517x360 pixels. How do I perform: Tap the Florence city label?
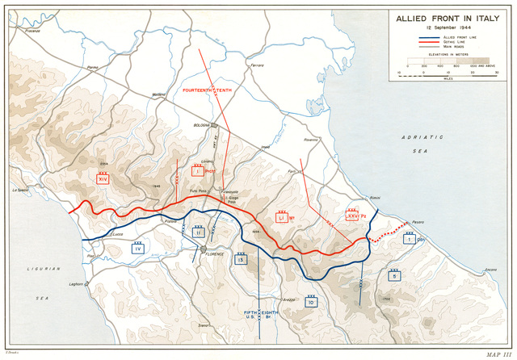(x=214, y=254)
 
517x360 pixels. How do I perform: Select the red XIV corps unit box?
(x=103, y=180)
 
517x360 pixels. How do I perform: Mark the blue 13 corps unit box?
(x=241, y=259)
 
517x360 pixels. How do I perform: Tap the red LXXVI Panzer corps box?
(x=352, y=215)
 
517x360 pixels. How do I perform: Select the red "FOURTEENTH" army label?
(x=196, y=90)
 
